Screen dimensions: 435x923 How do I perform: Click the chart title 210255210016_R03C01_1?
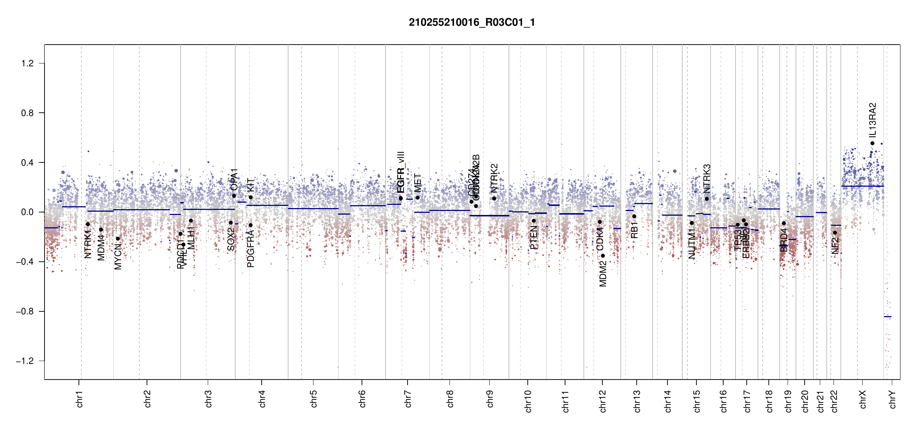[472, 22]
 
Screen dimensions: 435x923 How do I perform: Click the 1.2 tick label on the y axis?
[27, 63]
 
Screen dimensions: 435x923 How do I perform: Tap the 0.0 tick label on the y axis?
[27, 212]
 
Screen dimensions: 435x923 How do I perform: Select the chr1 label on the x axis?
[80, 399]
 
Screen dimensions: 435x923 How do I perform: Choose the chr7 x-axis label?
[408, 399]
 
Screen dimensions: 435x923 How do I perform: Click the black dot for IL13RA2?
[872, 143]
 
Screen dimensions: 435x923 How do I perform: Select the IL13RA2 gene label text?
[873, 120]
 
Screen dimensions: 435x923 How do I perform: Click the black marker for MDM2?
[603, 256]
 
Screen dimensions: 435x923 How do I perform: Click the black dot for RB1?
[634, 216]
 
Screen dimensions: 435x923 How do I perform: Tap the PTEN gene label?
[534, 237]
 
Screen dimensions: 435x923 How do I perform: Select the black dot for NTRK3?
[707, 199]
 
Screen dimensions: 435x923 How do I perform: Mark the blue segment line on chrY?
[888, 317]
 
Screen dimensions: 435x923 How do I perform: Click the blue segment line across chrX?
[862, 186]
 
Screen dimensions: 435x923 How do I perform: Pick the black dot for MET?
[418, 198]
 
